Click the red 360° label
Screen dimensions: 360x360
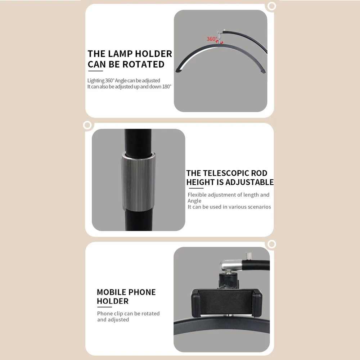point(212,39)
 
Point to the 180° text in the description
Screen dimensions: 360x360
point(167,86)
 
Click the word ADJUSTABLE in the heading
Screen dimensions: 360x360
point(249,182)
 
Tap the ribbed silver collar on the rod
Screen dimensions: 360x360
point(138,181)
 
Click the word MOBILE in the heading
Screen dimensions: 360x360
point(110,292)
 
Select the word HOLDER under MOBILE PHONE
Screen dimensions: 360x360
point(112,301)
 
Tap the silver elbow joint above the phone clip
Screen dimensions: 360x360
point(231,265)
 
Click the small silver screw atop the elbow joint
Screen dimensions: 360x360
point(248,256)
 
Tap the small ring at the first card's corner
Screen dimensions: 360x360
point(271,6)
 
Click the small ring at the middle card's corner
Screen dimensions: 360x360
point(87,125)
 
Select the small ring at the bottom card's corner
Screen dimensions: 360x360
point(271,244)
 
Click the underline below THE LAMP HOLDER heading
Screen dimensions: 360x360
point(95,71)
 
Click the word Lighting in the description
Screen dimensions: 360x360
point(96,81)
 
